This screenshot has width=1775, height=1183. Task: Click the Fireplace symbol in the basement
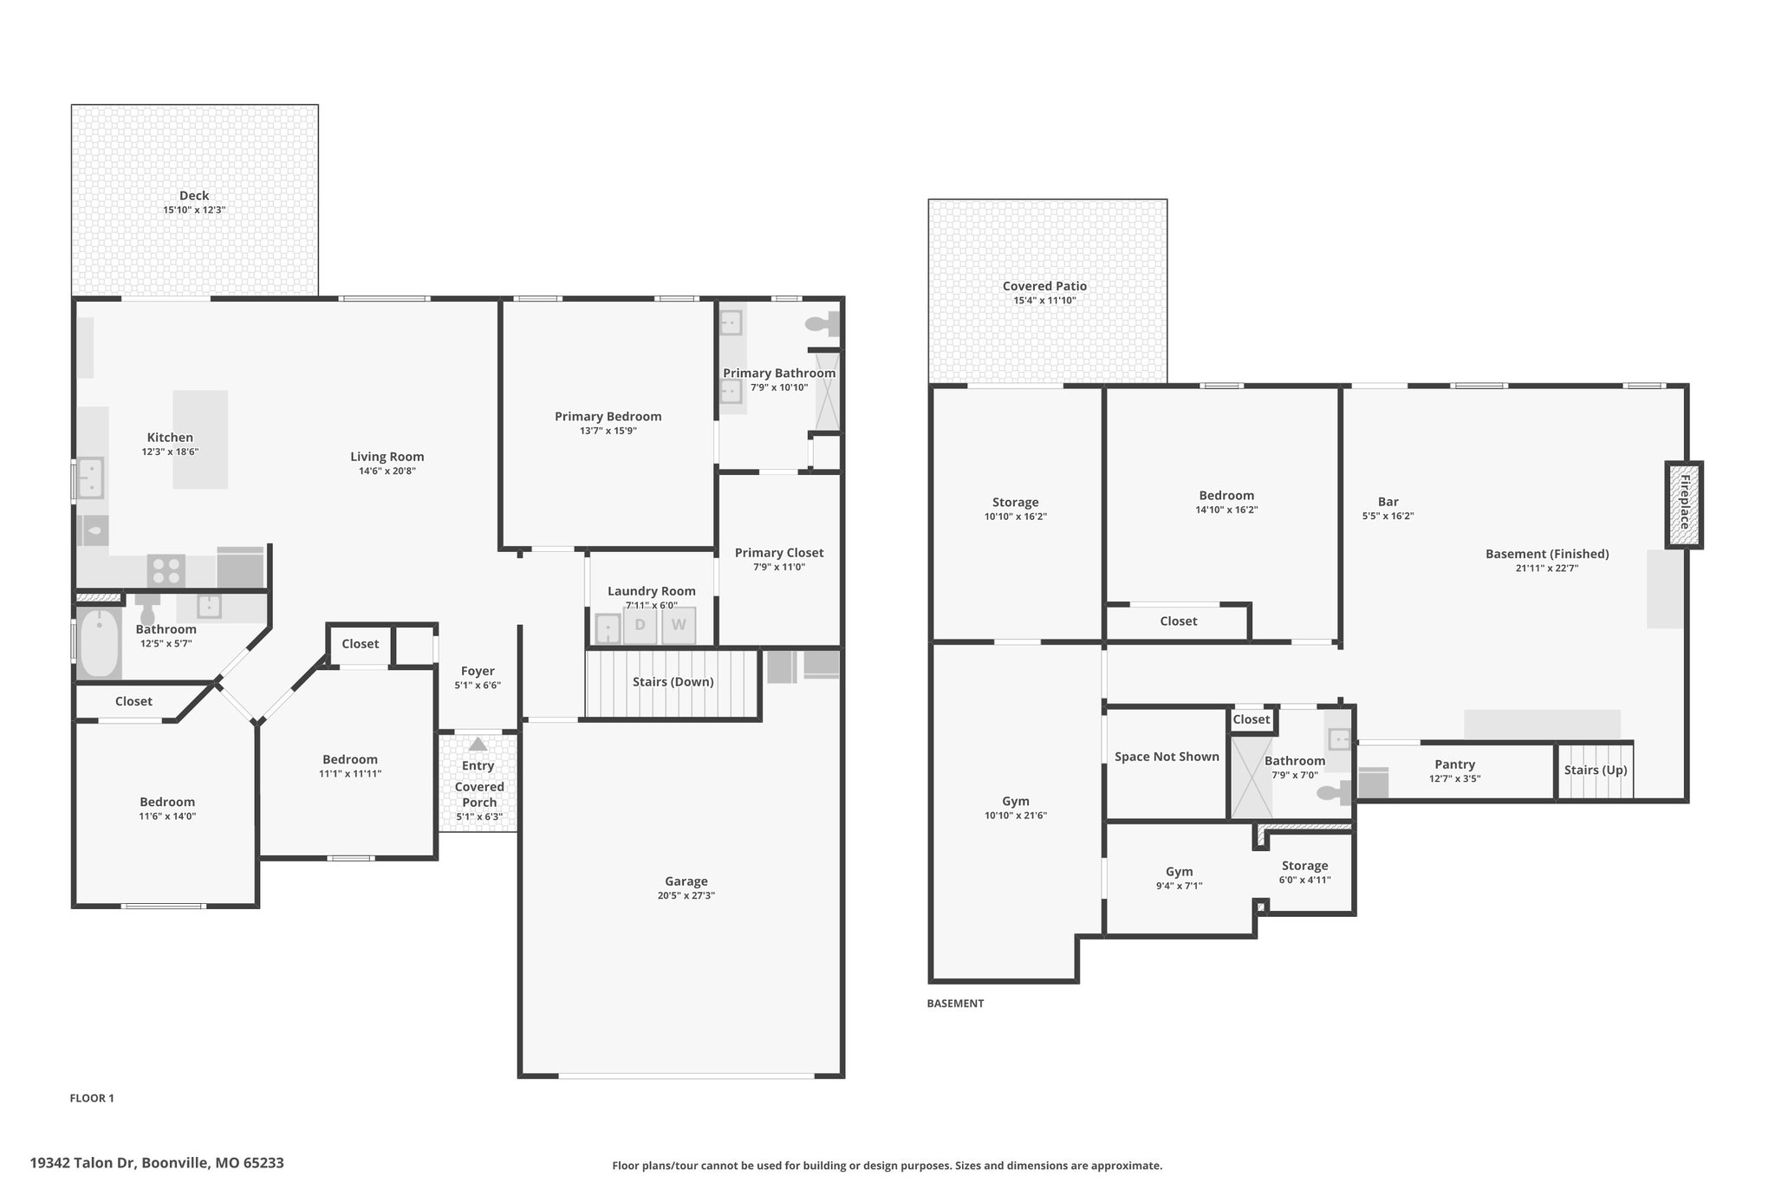coord(1684,504)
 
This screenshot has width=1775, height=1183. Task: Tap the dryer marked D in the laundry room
coord(640,625)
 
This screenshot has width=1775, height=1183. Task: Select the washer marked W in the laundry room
coord(679,625)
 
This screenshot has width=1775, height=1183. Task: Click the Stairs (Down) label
coord(673,682)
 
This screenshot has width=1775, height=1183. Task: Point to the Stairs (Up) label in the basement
coord(1596,770)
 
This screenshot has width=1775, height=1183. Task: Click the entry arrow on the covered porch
coord(478,744)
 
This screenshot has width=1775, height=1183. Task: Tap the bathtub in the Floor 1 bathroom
coord(99,643)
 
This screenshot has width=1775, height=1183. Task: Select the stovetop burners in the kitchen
coord(166,570)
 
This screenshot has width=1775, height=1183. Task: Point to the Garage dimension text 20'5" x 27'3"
coord(686,895)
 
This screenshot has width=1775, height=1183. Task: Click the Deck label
coord(194,196)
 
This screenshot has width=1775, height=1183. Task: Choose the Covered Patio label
coord(1044,286)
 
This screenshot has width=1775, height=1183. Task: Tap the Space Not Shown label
coord(1167,757)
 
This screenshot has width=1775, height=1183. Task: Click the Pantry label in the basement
coord(1454,764)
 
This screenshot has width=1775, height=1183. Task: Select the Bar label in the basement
coord(1388,502)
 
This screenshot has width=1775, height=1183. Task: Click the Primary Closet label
coord(779,553)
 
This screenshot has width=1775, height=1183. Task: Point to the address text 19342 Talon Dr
coord(82,1163)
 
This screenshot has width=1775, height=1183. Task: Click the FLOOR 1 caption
coord(92,1098)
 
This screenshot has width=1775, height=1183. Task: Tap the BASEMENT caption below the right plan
coord(955,1004)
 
